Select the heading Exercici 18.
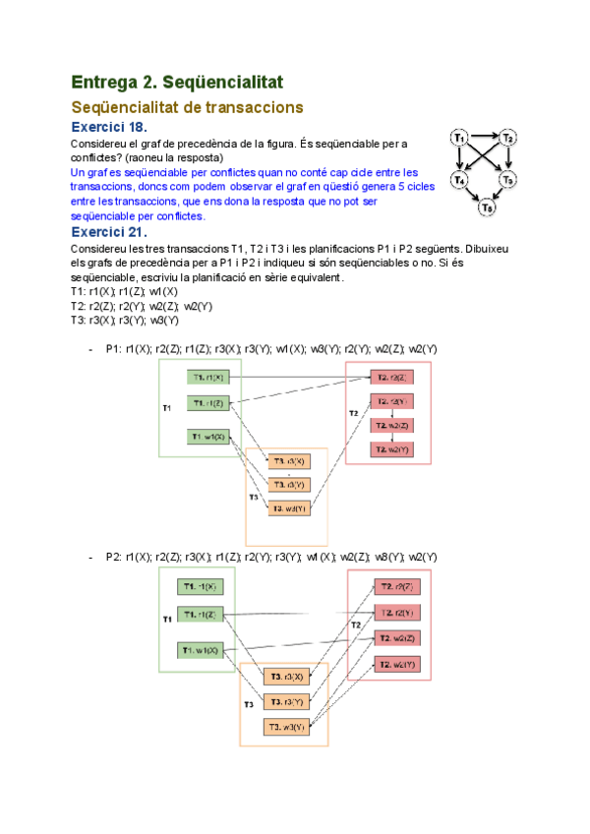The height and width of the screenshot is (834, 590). (x=109, y=128)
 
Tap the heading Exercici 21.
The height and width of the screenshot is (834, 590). (x=109, y=232)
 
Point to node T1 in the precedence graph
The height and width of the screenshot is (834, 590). (x=459, y=138)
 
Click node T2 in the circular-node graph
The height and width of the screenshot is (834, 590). (x=507, y=139)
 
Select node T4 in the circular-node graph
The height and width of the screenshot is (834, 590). (x=459, y=180)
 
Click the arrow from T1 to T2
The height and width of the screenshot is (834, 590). (x=483, y=136)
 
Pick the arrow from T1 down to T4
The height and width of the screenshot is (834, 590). (x=458, y=158)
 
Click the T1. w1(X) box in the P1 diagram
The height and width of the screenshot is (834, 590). (x=209, y=437)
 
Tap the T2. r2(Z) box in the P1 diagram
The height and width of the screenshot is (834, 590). (x=390, y=377)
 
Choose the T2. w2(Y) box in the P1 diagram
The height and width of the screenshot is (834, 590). (x=390, y=448)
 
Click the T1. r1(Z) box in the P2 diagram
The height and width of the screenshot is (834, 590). (x=202, y=615)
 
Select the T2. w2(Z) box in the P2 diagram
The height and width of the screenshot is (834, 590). (x=398, y=638)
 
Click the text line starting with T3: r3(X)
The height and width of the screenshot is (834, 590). (x=125, y=320)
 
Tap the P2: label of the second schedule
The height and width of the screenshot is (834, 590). (x=114, y=557)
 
